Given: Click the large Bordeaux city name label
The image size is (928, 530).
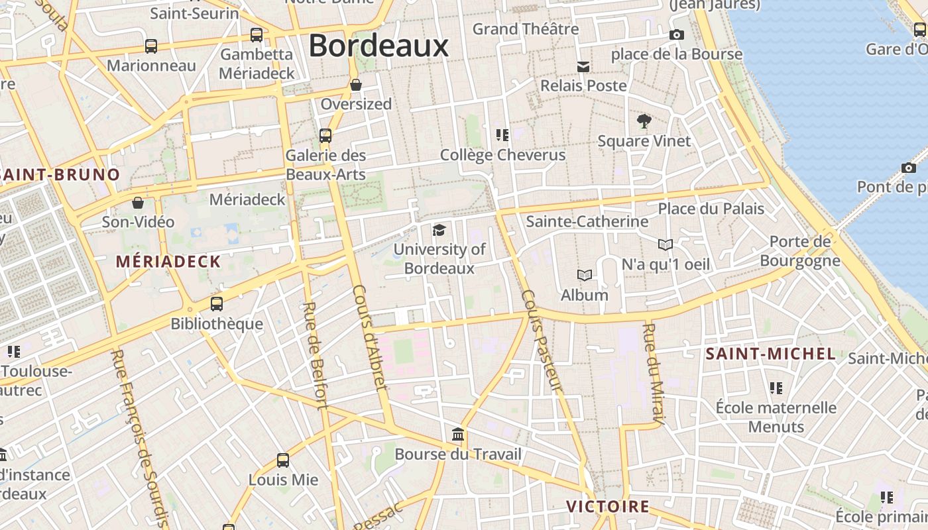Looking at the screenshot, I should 378,46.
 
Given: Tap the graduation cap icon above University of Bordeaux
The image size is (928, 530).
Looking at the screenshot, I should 439,230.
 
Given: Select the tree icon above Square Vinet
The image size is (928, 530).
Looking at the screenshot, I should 644,121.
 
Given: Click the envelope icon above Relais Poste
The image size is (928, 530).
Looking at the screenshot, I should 583,66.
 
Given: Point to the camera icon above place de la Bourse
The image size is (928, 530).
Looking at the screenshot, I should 676,35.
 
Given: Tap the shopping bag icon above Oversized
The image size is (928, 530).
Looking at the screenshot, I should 356,85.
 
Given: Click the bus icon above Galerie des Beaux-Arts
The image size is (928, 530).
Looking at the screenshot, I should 325,136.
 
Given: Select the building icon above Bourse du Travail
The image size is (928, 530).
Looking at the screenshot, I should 457,435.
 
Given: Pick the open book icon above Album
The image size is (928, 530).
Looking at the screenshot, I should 584,275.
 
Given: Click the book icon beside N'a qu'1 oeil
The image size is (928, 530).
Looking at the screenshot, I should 666,244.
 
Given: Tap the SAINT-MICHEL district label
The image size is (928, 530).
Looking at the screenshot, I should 770,354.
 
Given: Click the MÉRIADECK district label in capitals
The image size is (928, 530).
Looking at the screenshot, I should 168,262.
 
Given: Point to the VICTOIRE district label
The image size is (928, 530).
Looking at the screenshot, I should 608,507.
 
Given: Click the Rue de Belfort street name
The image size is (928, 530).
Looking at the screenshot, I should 315,355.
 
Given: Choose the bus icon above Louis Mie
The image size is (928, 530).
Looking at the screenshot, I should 283,460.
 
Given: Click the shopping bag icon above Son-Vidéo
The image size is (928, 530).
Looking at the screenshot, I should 138,203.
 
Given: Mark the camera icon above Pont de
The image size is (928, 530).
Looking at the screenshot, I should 909,168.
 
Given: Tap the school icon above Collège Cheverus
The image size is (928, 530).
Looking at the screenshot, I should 502,135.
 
